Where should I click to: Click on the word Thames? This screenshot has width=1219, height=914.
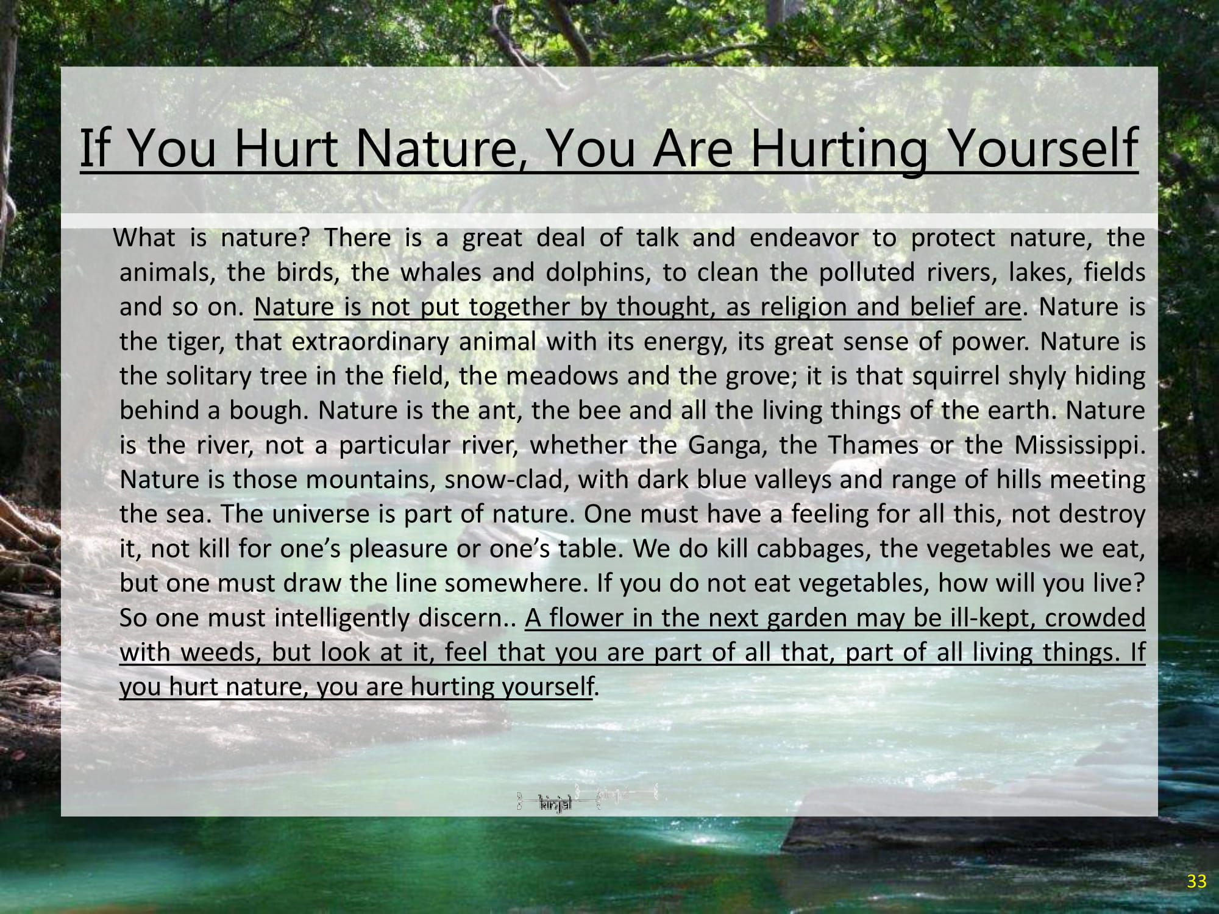873,445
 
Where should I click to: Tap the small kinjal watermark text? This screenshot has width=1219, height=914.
555,806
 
